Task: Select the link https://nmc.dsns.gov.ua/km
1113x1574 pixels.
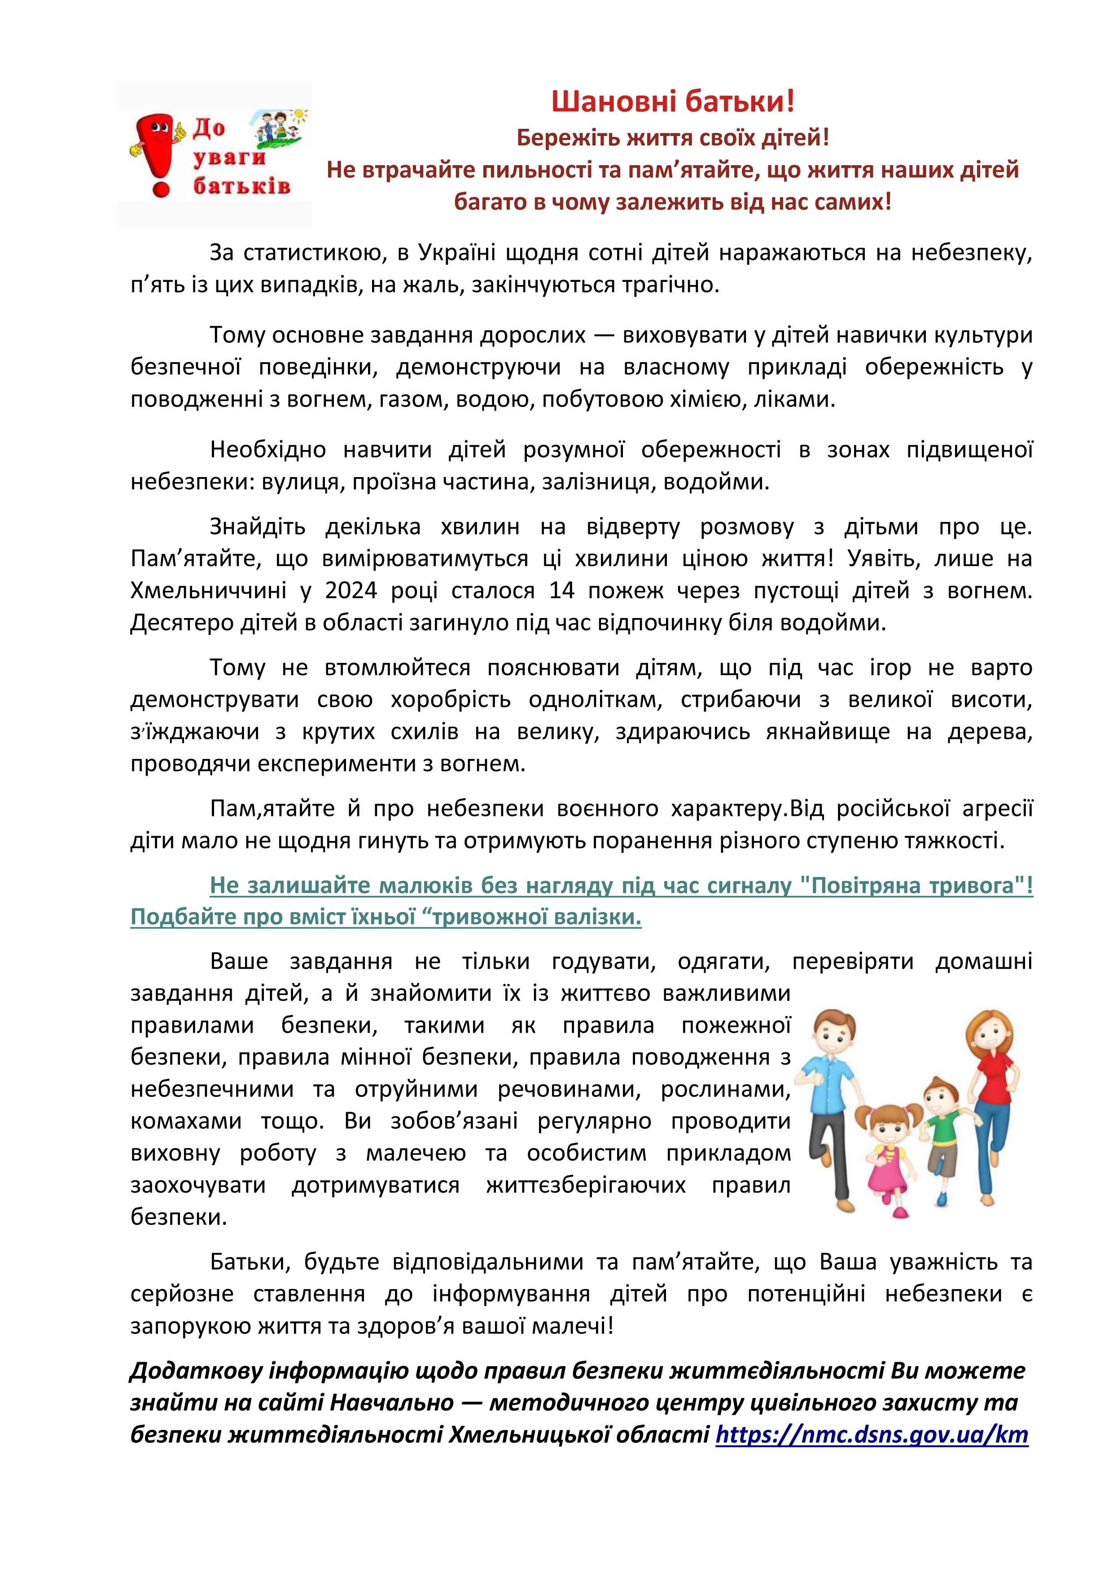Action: pyautogui.click(x=872, y=1435)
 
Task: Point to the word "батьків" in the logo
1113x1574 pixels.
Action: pyautogui.click(x=241, y=186)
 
